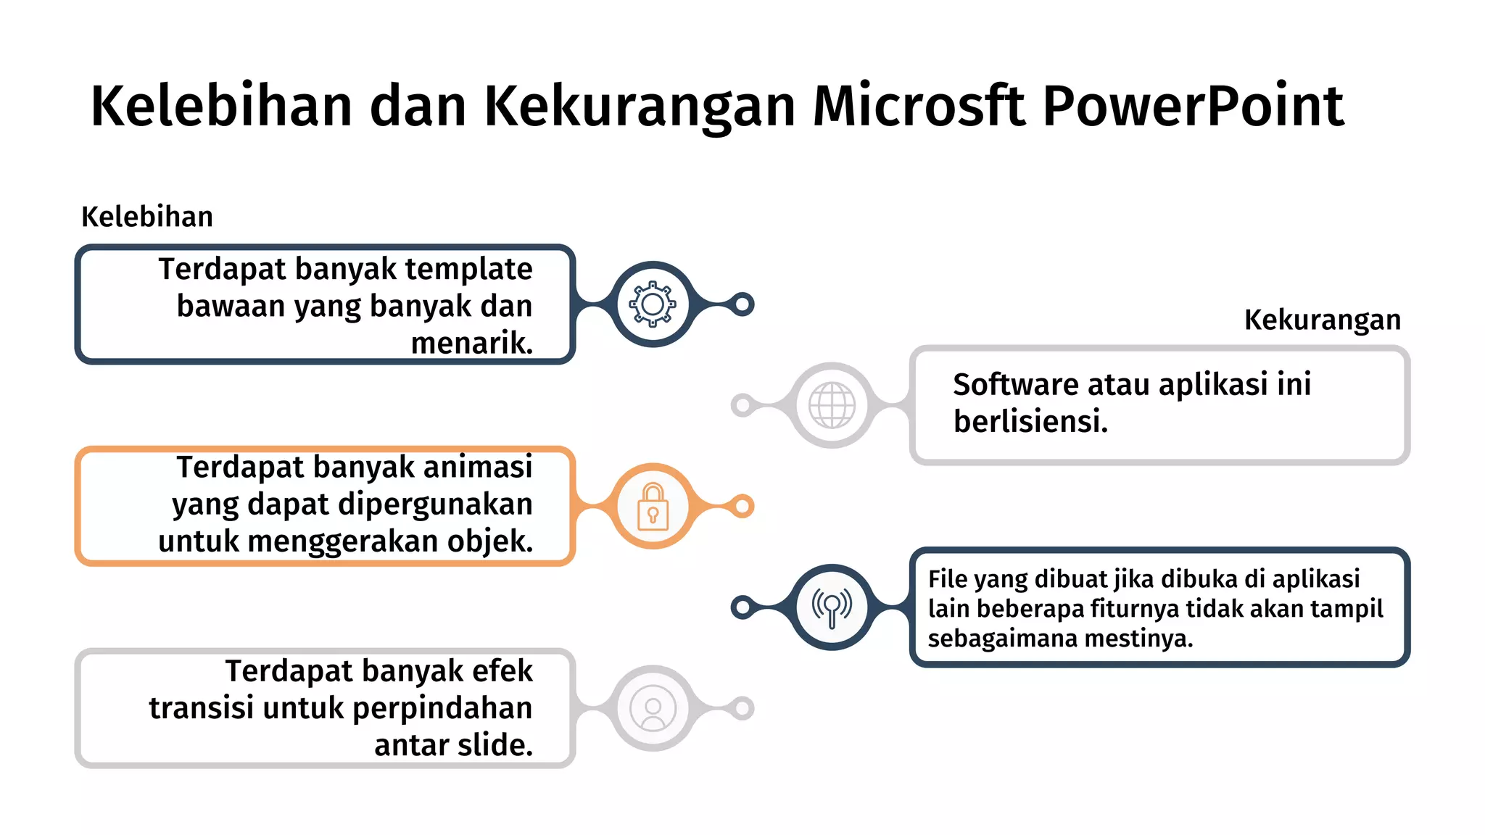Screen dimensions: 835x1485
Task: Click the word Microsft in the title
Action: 919,106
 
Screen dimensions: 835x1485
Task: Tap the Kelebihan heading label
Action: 147,217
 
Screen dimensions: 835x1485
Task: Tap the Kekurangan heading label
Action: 1322,320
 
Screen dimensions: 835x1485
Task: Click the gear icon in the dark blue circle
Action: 653,304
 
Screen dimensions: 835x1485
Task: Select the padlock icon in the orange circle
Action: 653,507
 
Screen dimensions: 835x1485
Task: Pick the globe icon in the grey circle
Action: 832,405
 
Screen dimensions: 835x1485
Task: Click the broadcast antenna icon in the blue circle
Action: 832,607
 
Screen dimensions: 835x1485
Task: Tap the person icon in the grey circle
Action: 653,708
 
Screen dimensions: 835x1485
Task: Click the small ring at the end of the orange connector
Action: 742,506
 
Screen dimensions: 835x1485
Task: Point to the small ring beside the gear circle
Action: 742,304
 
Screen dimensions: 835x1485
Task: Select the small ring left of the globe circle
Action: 742,405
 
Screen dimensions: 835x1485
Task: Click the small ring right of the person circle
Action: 742,708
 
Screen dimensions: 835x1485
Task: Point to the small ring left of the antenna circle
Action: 742,607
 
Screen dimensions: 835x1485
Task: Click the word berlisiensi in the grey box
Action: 1030,422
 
